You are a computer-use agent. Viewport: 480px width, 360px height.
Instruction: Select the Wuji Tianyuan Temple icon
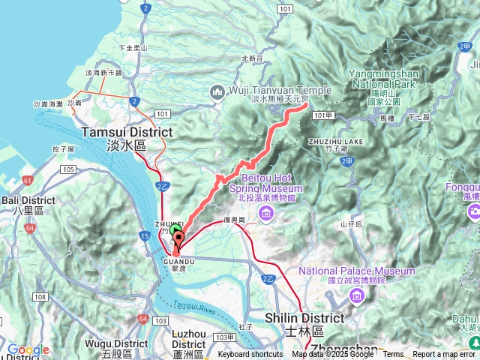pyautogui.click(x=218, y=91)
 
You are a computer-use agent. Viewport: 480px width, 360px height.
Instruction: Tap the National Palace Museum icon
pyautogui.click(x=357, y=295)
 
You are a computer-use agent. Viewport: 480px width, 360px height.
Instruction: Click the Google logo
pyautogui.click(x=28, y=349)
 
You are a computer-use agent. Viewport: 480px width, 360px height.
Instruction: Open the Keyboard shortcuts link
pyautogui.click(x=250, y=355)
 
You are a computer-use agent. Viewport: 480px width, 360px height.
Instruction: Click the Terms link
pyautogui.click(x=393, y=355)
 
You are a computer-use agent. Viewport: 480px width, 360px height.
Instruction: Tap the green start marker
pyautogui.click(x=175, y=230)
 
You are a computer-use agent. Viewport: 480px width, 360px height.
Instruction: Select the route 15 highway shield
pyautogui.click(x=142, y=237)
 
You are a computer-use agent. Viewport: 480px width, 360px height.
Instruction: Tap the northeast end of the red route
pyautogui.click(x=307, y=106)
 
